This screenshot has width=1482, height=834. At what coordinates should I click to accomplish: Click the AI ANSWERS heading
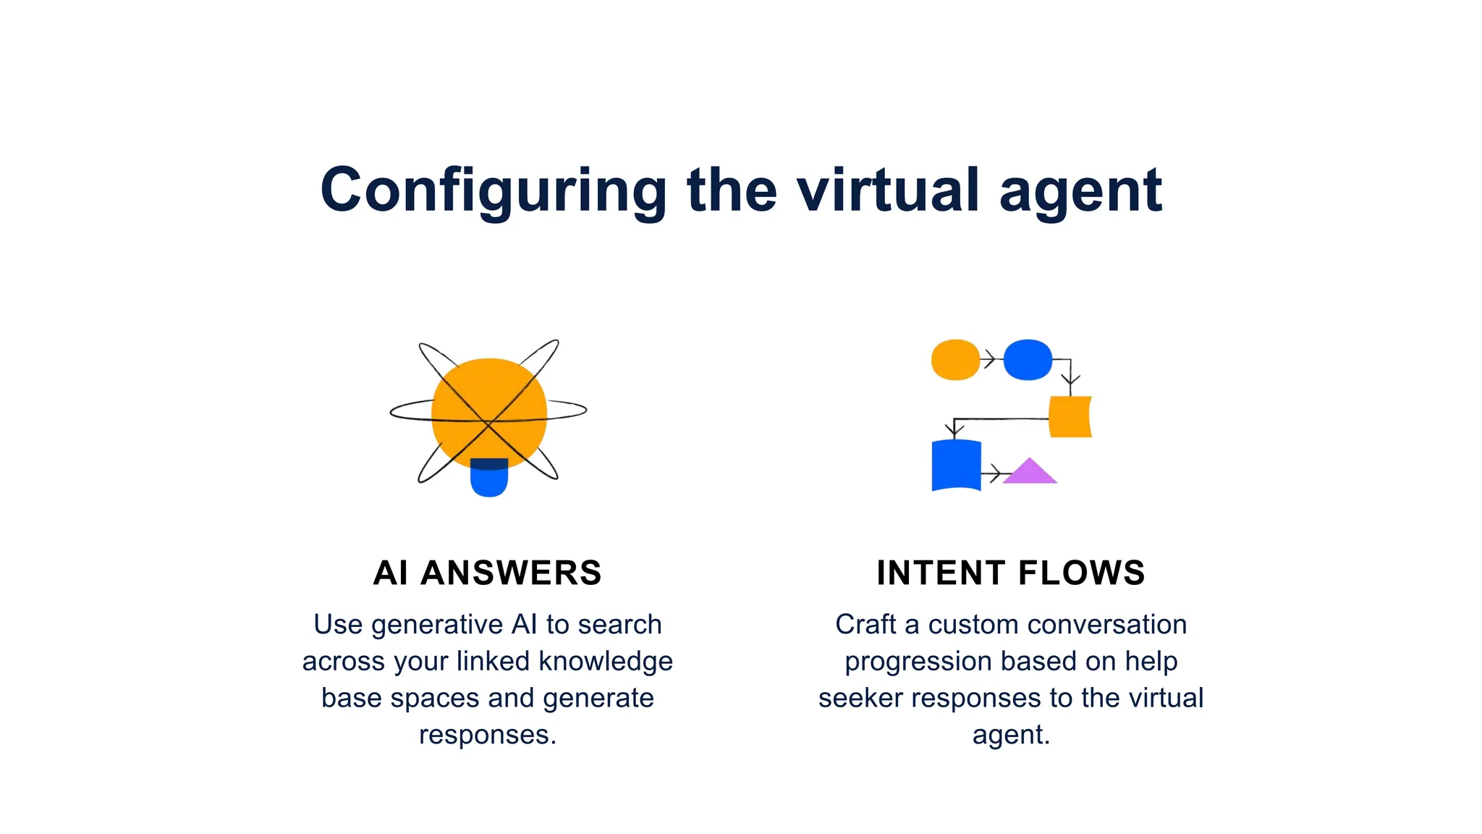487,573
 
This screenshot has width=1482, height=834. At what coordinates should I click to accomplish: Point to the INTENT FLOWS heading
1011,573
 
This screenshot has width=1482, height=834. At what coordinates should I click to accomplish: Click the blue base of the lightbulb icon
489,481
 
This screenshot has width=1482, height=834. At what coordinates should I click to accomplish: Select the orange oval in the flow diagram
955,360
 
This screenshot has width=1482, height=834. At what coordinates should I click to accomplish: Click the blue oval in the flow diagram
1028,360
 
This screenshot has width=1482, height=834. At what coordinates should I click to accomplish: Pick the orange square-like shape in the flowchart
1070,417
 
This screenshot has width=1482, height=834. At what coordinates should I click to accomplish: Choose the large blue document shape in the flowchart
956,466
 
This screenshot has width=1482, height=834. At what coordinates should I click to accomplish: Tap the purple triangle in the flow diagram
1030,472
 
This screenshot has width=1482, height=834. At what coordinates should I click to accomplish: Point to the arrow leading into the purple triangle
994,474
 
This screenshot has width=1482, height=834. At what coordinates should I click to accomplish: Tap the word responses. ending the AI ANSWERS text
487,735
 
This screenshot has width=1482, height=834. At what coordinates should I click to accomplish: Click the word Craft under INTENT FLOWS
865,625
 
